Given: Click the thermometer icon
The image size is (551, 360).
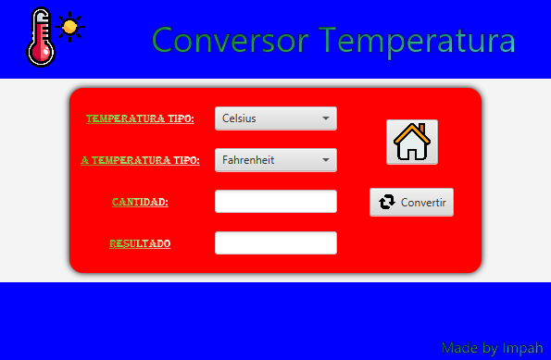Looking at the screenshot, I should point(40,37).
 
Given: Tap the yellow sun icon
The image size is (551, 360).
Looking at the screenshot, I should point(69,26).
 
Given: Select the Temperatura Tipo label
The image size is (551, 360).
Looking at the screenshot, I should point(140,118).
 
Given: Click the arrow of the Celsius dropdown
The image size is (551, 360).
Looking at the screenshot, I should point(326,118).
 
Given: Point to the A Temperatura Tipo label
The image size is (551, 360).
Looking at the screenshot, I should point(140,160).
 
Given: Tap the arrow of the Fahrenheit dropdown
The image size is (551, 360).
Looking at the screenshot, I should point(326,160).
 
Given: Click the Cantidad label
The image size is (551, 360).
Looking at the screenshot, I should point(140,201).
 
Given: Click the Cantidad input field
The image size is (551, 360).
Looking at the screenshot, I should point(275,201).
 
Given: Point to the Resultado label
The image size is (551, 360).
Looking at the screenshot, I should point(140,243).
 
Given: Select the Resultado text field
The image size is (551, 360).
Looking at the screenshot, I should point(275,242).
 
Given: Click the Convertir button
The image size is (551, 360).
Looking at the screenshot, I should point(411,202).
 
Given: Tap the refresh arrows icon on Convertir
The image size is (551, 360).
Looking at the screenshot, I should point(387,202).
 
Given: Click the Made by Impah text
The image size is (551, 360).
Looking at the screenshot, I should point(492,348).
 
